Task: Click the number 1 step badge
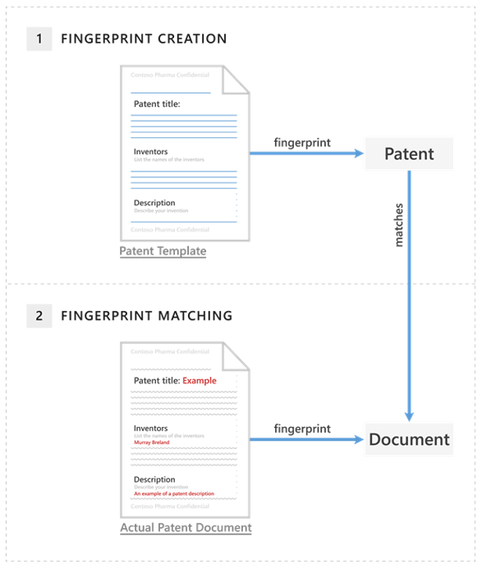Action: (x=39, y=39)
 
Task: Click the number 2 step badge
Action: (x=39, y=315)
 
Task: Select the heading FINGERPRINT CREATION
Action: (x=144, y=39)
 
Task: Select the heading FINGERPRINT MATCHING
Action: (x=146, y=315)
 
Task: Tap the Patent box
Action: (x=409, y=154)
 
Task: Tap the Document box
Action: (x=409, y=439)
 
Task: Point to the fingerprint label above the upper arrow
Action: (x=302, y=142)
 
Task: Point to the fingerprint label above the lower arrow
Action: (x=302, y=429)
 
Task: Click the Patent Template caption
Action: (x=163, y=251)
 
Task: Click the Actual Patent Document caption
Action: (x=186, y=528)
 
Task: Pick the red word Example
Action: (x=200, y=381)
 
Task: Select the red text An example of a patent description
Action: (x=174, y=493)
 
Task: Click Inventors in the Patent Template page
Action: (x=150, y=152)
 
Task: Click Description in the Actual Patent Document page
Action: (x=154, y=479)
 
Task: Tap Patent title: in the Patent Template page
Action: (x=156, y=104)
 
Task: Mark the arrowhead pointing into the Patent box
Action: (x=358, y=154)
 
